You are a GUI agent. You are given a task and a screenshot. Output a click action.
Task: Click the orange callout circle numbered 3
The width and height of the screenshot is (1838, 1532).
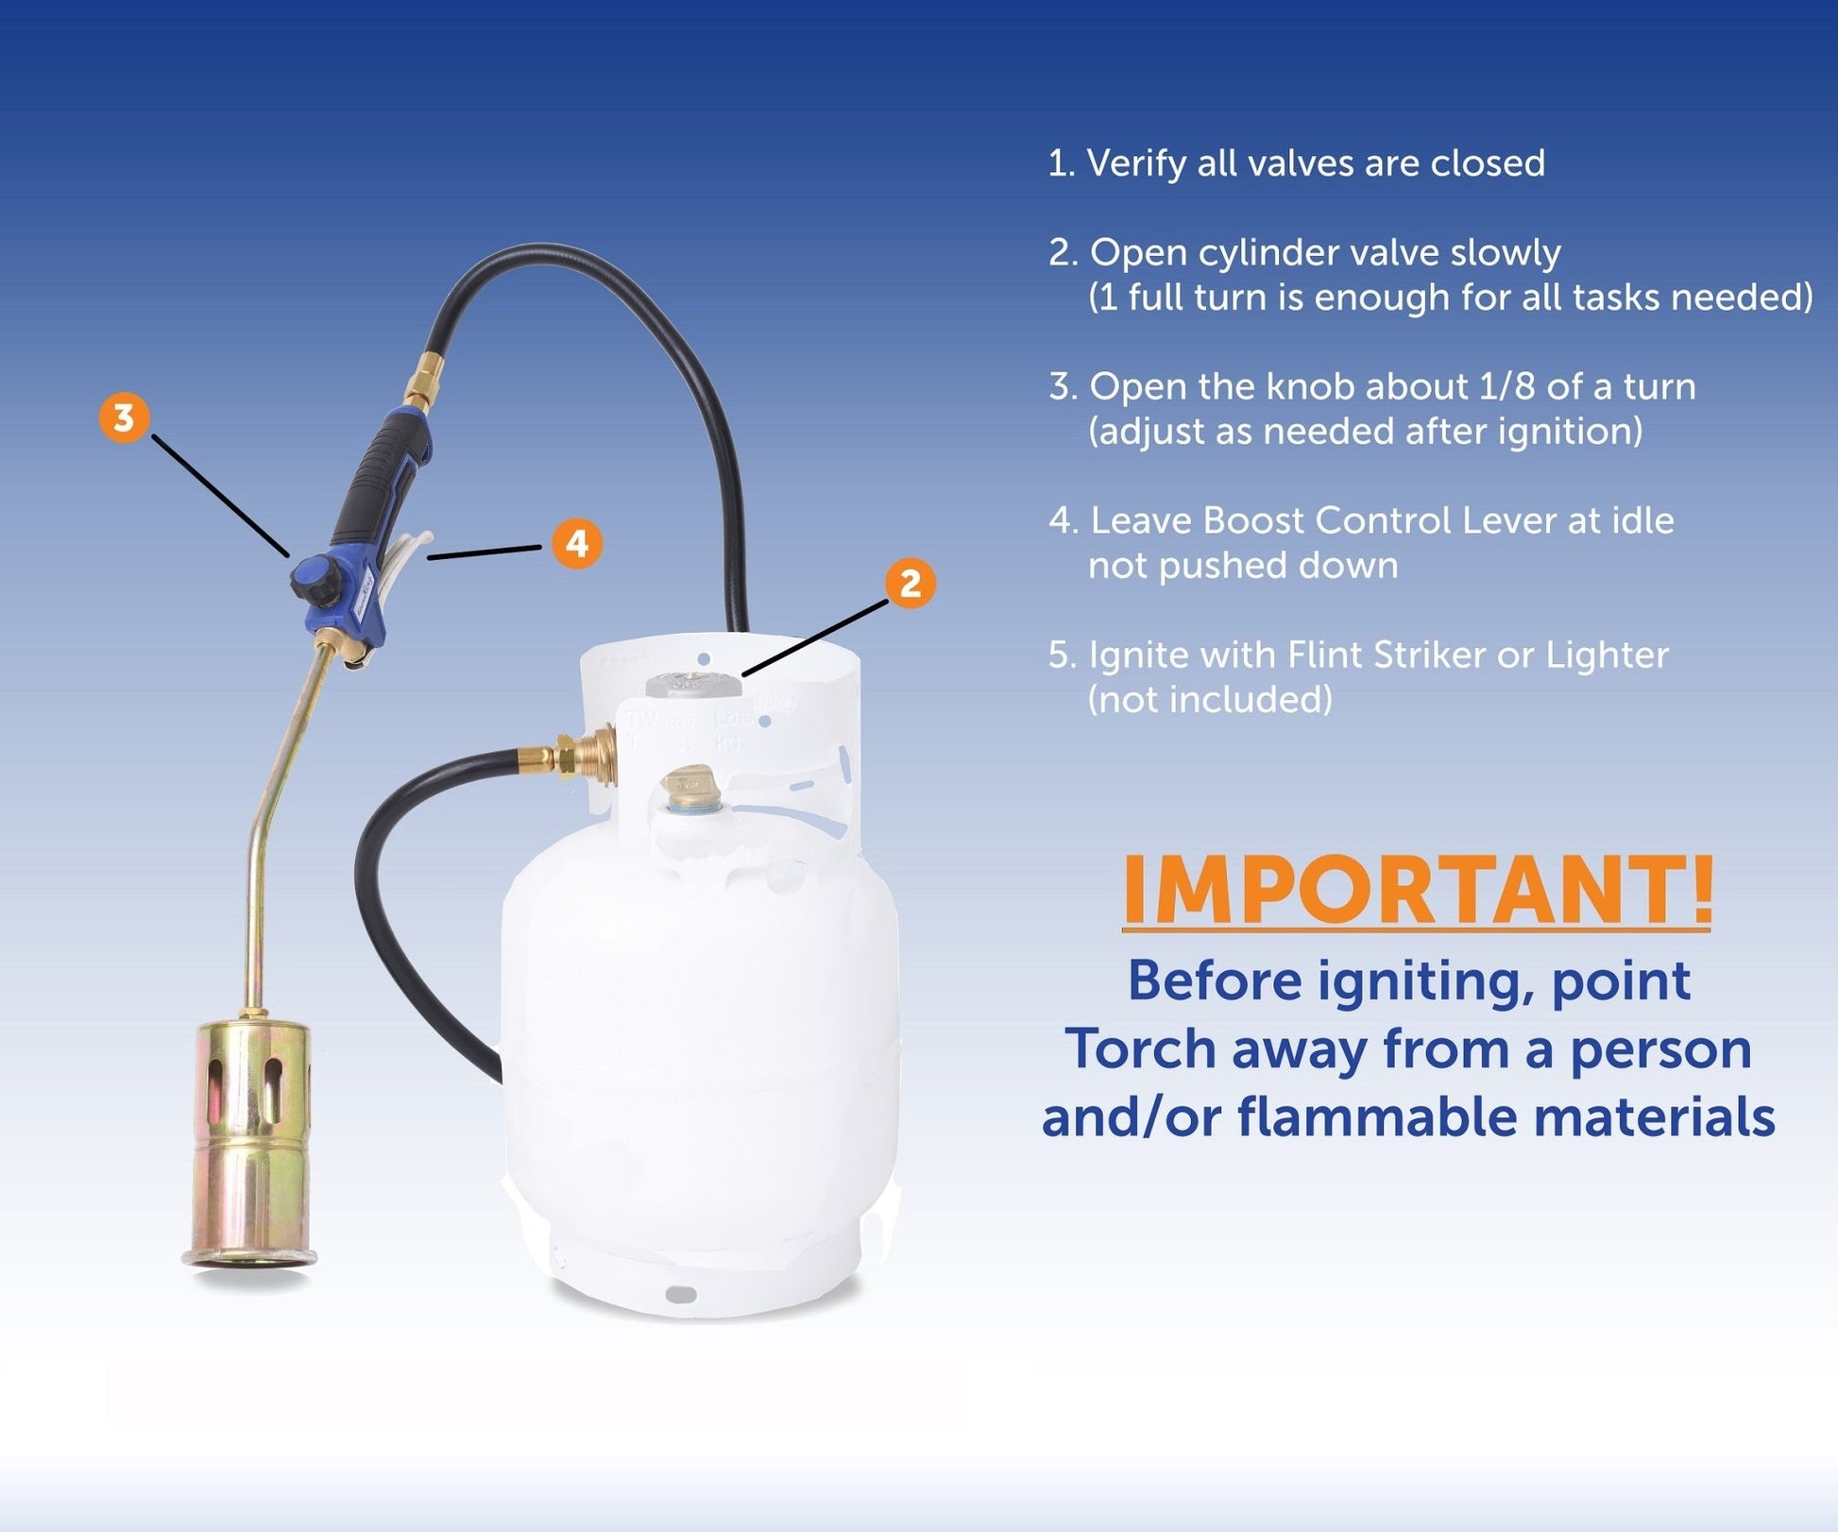124,417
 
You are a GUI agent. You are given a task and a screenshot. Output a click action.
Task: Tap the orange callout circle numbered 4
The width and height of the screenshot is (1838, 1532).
577,543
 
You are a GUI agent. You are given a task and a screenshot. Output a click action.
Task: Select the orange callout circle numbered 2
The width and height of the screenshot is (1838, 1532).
910,583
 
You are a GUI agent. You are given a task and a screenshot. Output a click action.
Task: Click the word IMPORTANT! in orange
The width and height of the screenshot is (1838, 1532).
1417,890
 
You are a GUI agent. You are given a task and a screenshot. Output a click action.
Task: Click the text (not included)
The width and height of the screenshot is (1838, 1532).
1210,700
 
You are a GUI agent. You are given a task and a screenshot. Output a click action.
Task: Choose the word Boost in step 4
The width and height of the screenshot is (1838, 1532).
1251,520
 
